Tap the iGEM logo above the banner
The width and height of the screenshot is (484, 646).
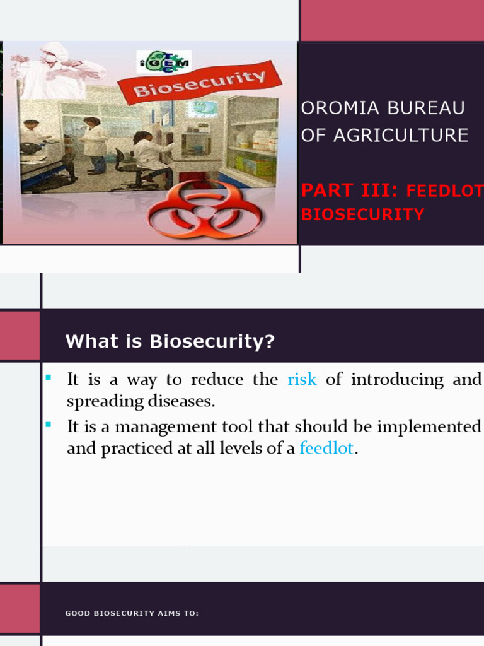(164, 62)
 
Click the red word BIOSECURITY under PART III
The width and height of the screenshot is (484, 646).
(362, 214)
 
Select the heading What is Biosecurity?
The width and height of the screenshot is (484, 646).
(170, 341)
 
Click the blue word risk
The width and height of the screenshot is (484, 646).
(302, 380)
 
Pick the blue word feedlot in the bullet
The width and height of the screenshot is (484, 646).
(326, 449)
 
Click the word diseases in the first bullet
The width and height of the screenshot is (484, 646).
(184, 401)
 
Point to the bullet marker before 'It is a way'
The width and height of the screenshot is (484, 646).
(48, 377)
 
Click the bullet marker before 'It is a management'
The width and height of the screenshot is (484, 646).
(48, 425)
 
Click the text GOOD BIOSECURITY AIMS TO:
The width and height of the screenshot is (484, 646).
(132, 613)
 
